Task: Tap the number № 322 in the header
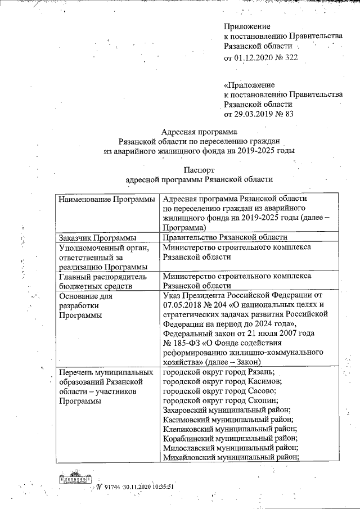tap(288, 57)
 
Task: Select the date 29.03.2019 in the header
tap(255, 114)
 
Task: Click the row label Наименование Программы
tap(106, 200)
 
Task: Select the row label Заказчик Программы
tap(96, 237)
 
